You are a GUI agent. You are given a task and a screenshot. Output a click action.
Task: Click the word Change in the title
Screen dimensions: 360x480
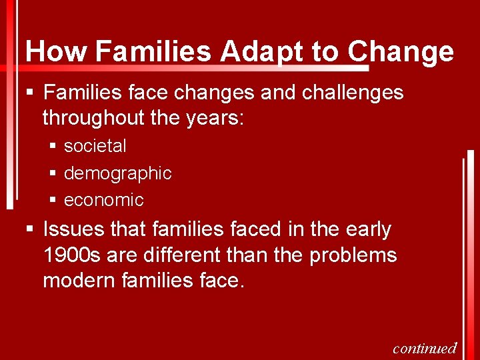[401, 51]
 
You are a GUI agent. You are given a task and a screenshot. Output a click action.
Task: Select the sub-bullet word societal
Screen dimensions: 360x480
[95, 145]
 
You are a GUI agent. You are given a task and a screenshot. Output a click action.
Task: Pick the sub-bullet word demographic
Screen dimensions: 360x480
[117, 173]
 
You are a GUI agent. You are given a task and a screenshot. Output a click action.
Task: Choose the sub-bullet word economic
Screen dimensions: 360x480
[103, 199]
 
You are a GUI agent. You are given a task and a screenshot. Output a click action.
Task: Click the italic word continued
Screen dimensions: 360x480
[425, 348]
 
